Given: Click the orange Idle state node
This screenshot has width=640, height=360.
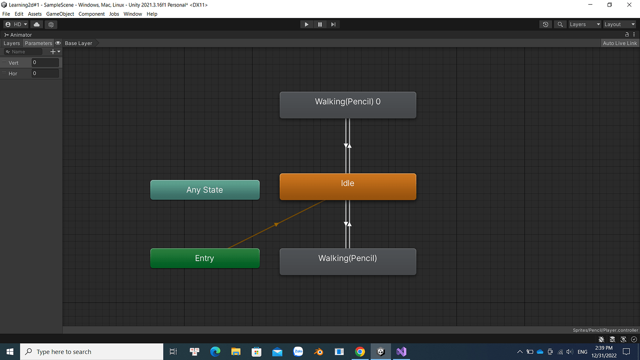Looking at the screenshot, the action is point(348,186).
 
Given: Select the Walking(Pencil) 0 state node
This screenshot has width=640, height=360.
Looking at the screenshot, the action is point(348,105).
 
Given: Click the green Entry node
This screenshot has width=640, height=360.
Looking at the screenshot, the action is point(205,258).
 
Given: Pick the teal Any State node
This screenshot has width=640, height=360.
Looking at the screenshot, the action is point(205,190).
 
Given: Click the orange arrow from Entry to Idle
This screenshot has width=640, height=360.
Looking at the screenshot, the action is point(276,224).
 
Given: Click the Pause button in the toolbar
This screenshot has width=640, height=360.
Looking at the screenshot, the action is point(320,24).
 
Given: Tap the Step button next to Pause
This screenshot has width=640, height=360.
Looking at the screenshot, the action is point(333,24).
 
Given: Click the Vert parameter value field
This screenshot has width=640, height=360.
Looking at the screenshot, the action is point(45,63).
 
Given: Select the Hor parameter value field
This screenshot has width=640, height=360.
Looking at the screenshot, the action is point(45,73).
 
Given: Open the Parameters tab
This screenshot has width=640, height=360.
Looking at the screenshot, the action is point(38,43).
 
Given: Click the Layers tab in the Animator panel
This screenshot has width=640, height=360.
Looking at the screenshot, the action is point(12,43).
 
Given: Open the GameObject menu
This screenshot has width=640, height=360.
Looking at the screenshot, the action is point(60,14).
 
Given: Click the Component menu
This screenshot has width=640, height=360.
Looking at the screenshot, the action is point(91,14).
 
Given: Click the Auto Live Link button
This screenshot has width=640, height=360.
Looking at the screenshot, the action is point(620,43).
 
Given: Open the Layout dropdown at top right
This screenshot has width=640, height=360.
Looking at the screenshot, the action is point(620,24).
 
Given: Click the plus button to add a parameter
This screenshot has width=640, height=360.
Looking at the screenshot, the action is point(53,51).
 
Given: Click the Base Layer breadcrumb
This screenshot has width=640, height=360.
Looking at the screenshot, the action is point(78,43).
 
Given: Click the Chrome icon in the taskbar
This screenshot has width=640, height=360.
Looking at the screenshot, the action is point(360,352).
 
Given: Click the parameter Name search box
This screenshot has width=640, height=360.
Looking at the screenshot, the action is point(24,51).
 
